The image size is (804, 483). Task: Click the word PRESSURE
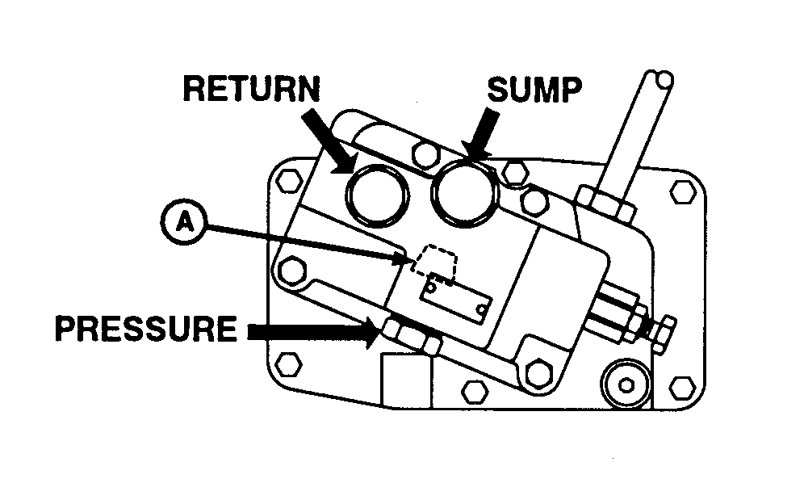(x=145, y=330)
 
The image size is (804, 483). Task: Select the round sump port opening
(x=463, y=192)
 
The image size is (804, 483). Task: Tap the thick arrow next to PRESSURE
(x=311, y=330)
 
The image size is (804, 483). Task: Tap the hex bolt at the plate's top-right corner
(x=680, y=191)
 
